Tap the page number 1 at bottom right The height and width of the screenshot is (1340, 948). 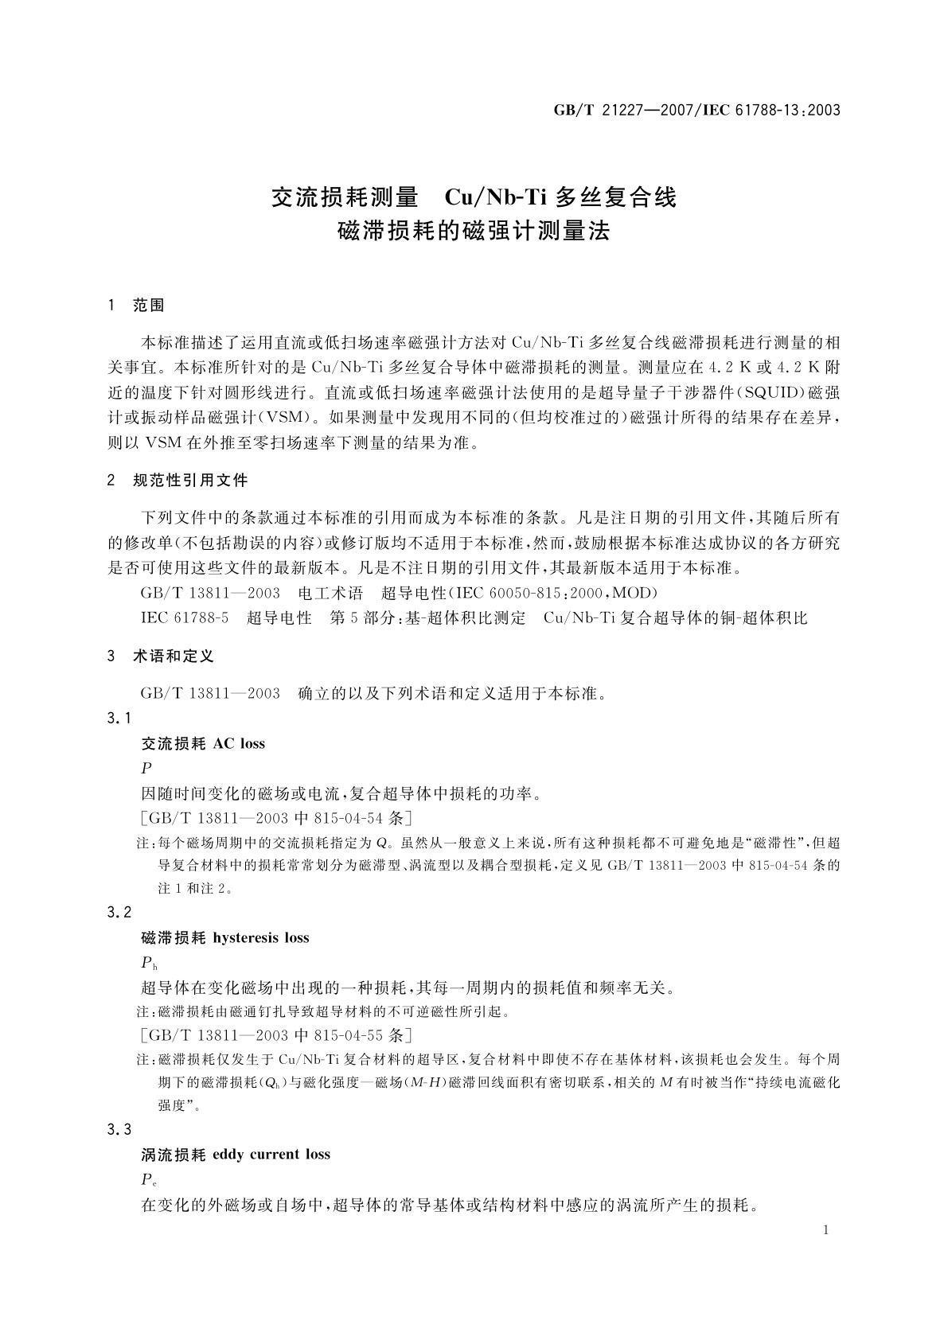[825, 1230]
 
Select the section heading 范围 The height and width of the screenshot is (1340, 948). [149, 306]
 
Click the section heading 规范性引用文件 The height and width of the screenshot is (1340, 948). [190, 481]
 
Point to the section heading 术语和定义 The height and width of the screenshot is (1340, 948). [174, 657]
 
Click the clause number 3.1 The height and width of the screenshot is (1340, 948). [119, 719]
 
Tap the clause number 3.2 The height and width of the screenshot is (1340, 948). [119, 912]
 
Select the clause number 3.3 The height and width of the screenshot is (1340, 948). [119, 1129]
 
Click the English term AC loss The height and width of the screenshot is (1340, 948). [240, 744]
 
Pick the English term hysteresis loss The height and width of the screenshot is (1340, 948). [261, 938]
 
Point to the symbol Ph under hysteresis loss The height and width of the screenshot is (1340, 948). [149, 964]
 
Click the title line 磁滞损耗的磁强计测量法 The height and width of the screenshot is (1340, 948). [474, 232]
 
